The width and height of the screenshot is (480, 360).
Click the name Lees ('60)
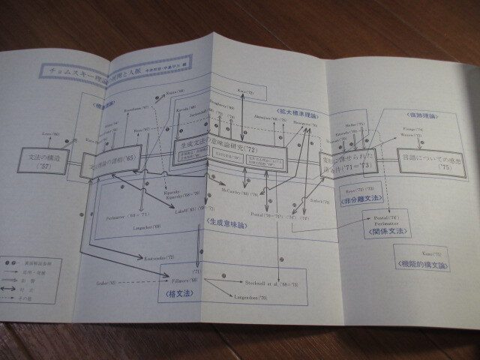(x=47, y=133)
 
